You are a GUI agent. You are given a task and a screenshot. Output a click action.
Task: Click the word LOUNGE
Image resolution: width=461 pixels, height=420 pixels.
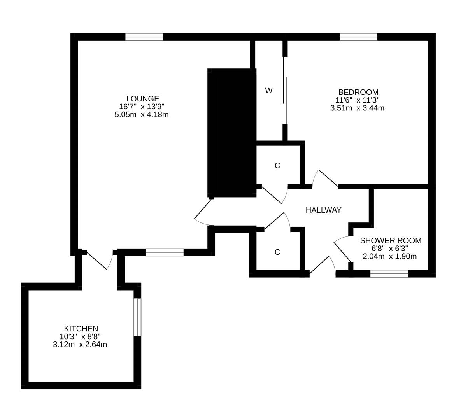tap(142, 99)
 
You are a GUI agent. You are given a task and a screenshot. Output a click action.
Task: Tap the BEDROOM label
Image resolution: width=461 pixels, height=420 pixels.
tap(358, 92)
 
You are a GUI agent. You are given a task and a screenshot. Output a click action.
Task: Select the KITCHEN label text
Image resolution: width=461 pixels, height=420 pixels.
tap(81, 329)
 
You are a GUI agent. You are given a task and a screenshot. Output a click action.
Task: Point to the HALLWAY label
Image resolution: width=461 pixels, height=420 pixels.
tap(323, 210)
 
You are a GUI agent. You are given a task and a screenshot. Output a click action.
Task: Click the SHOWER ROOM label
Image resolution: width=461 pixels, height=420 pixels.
tap(390, 241)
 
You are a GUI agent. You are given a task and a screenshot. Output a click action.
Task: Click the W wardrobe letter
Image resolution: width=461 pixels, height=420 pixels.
tap(268, 91)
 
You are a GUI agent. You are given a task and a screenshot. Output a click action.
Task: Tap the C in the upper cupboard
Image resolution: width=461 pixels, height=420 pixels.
tap(277, 166)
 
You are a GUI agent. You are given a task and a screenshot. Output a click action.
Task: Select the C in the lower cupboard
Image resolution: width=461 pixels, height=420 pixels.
tap(277, 252)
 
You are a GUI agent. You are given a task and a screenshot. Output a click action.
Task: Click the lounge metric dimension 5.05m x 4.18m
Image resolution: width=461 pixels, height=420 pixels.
tap(141, 115)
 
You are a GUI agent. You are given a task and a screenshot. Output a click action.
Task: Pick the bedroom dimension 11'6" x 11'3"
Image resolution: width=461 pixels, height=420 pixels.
tap(358, 100)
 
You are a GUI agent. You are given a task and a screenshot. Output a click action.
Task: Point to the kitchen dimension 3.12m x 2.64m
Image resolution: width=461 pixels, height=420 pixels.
tap(80, 344)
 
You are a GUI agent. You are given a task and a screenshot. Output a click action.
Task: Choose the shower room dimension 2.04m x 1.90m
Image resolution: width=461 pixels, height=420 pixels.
tap(389, 256)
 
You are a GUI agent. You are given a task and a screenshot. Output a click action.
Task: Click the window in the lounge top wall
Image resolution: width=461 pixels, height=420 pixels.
tap(144, 37)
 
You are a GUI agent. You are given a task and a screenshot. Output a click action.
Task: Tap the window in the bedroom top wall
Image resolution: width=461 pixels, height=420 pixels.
tap(358, 37)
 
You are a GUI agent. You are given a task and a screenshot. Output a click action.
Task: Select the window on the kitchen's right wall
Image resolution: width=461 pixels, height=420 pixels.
tap(137, 317)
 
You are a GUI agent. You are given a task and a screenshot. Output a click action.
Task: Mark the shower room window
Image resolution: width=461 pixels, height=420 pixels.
tap(389, 274)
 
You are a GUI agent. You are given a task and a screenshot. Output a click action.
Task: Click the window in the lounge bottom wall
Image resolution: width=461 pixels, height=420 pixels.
tap(165, 252)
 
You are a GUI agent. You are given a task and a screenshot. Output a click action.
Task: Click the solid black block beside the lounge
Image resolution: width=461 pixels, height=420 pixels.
tap(231, 132)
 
